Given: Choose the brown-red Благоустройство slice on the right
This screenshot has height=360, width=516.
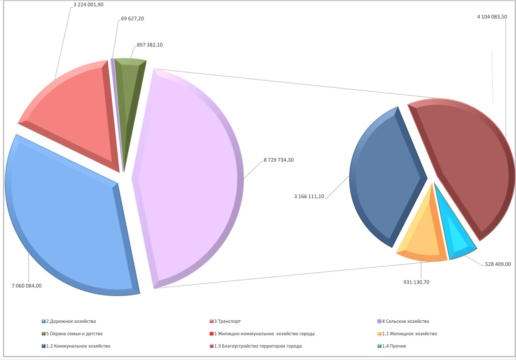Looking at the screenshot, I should pos(469,166).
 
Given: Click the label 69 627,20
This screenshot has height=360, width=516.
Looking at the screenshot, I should pos(133,19).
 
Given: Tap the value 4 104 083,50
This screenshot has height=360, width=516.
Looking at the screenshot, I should pos(492,17).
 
